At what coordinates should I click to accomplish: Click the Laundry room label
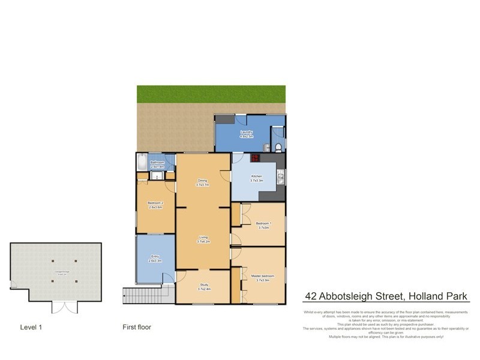247,133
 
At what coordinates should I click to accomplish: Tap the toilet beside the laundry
278,147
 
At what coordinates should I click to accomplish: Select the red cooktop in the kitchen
254,159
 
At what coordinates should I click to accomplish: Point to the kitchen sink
280,178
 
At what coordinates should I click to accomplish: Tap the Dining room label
202,182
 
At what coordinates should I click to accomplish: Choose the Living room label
203,240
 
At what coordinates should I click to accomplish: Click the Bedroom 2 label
156,205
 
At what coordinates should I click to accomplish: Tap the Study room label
203,287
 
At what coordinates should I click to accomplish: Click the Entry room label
155,258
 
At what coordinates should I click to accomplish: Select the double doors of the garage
64,307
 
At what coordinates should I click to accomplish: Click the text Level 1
31,328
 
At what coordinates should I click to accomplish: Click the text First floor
137,328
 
